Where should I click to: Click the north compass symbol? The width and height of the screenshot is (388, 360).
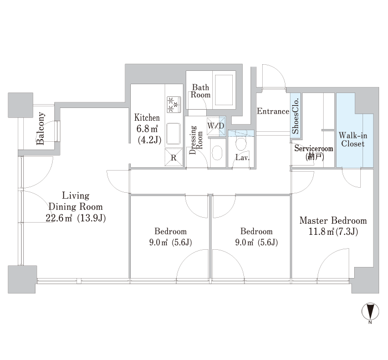pyautogui.click(x=370, y=312)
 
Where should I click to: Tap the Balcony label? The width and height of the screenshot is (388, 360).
pyautogui.click(x=40, y=128)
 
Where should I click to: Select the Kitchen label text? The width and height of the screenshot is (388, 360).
pyautogui.click(x=147, y=117)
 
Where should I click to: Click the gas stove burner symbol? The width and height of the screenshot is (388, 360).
pyautogui.click(x=174, y=105)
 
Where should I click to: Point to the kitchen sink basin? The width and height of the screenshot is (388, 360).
pyautogui.click(x=174, y=133)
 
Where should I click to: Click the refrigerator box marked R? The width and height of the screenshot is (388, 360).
pyautogui.click(x=173, y=157)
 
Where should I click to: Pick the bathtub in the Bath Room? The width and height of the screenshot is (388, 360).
pyautogui.click(x=224, y=90)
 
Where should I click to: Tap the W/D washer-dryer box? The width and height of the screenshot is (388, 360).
pyautogui.click(x=216, y=126)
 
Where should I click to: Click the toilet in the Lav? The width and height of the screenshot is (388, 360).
pyautogui.click(x=241, y=143)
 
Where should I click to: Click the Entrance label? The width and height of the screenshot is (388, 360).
pyautogui.click(x=273, y=111)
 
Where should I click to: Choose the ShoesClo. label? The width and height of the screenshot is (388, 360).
pyautogui.click(x=295, y=116)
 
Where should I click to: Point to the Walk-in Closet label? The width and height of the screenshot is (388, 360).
pyautogui.click(x=353, y=140)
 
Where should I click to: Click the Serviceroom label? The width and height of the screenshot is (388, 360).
pyautogui.click(x=314, y=148)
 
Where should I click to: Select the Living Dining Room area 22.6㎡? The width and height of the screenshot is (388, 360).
pyautogui.click(x=59, y=218)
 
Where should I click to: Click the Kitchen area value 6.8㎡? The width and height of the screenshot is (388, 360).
pyautogui.click(x=147, y=128)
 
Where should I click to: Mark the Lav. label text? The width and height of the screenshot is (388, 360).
pyautogui.click(x=242, y=157)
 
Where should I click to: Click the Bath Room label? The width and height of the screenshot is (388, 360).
pyautogui.click(x=201, y=91)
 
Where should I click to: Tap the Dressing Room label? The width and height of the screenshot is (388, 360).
pyautogui.click(x=196, y=140)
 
